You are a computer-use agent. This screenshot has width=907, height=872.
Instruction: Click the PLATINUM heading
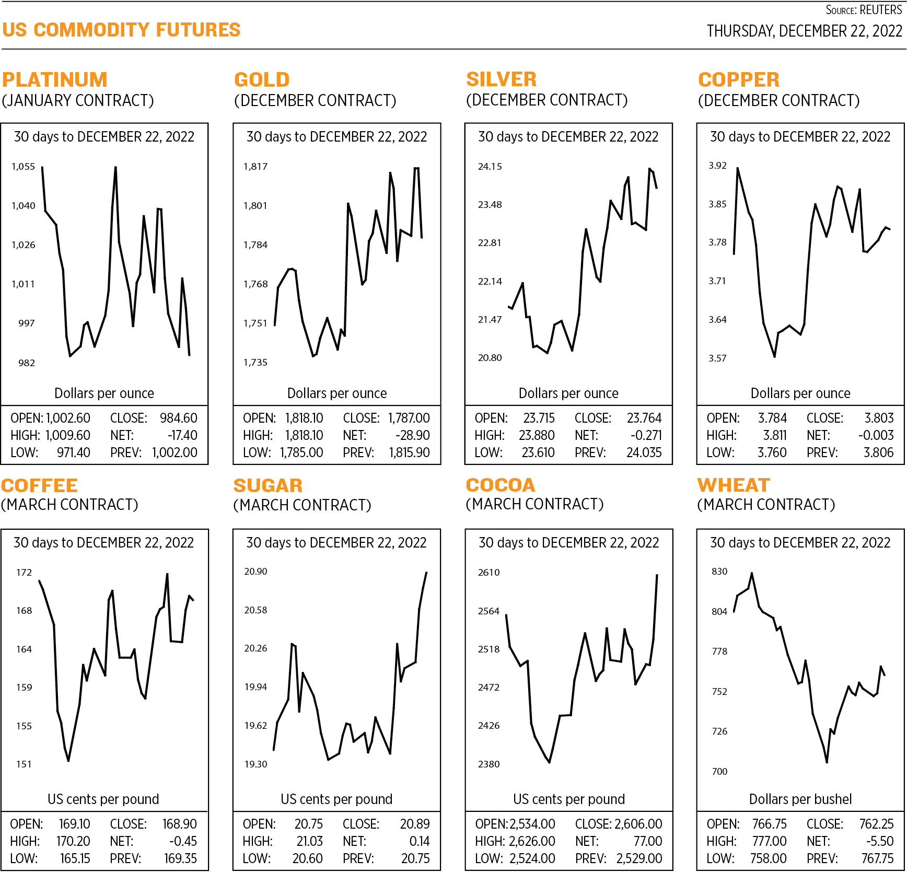54,80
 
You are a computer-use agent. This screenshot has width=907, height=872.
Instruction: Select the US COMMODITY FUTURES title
121,30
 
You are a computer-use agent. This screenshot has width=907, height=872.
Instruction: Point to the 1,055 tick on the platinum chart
24,167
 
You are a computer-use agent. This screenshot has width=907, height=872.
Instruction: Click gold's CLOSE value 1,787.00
409,418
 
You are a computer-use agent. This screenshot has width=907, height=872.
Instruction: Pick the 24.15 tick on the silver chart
490,167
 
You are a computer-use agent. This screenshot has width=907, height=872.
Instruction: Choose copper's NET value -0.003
876,435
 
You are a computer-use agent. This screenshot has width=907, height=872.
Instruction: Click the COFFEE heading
40,486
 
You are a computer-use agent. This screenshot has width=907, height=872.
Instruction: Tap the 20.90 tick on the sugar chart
255,572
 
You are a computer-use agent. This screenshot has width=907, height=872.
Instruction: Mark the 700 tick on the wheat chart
719,771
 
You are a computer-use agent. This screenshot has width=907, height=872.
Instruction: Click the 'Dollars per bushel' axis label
800,799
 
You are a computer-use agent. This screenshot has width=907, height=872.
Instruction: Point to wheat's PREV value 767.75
877,858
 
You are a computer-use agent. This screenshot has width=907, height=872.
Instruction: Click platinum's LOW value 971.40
73,452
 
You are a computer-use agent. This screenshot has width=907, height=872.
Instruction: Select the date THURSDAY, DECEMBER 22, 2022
804,31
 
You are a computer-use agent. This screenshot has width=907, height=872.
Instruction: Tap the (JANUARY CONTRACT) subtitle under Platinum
78,100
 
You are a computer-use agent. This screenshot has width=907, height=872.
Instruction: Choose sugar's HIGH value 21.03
309,841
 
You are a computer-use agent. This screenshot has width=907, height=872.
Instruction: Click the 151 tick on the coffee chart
24,764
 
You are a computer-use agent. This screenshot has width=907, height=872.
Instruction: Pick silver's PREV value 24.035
644,452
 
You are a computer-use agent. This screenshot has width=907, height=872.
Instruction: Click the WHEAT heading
734,485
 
